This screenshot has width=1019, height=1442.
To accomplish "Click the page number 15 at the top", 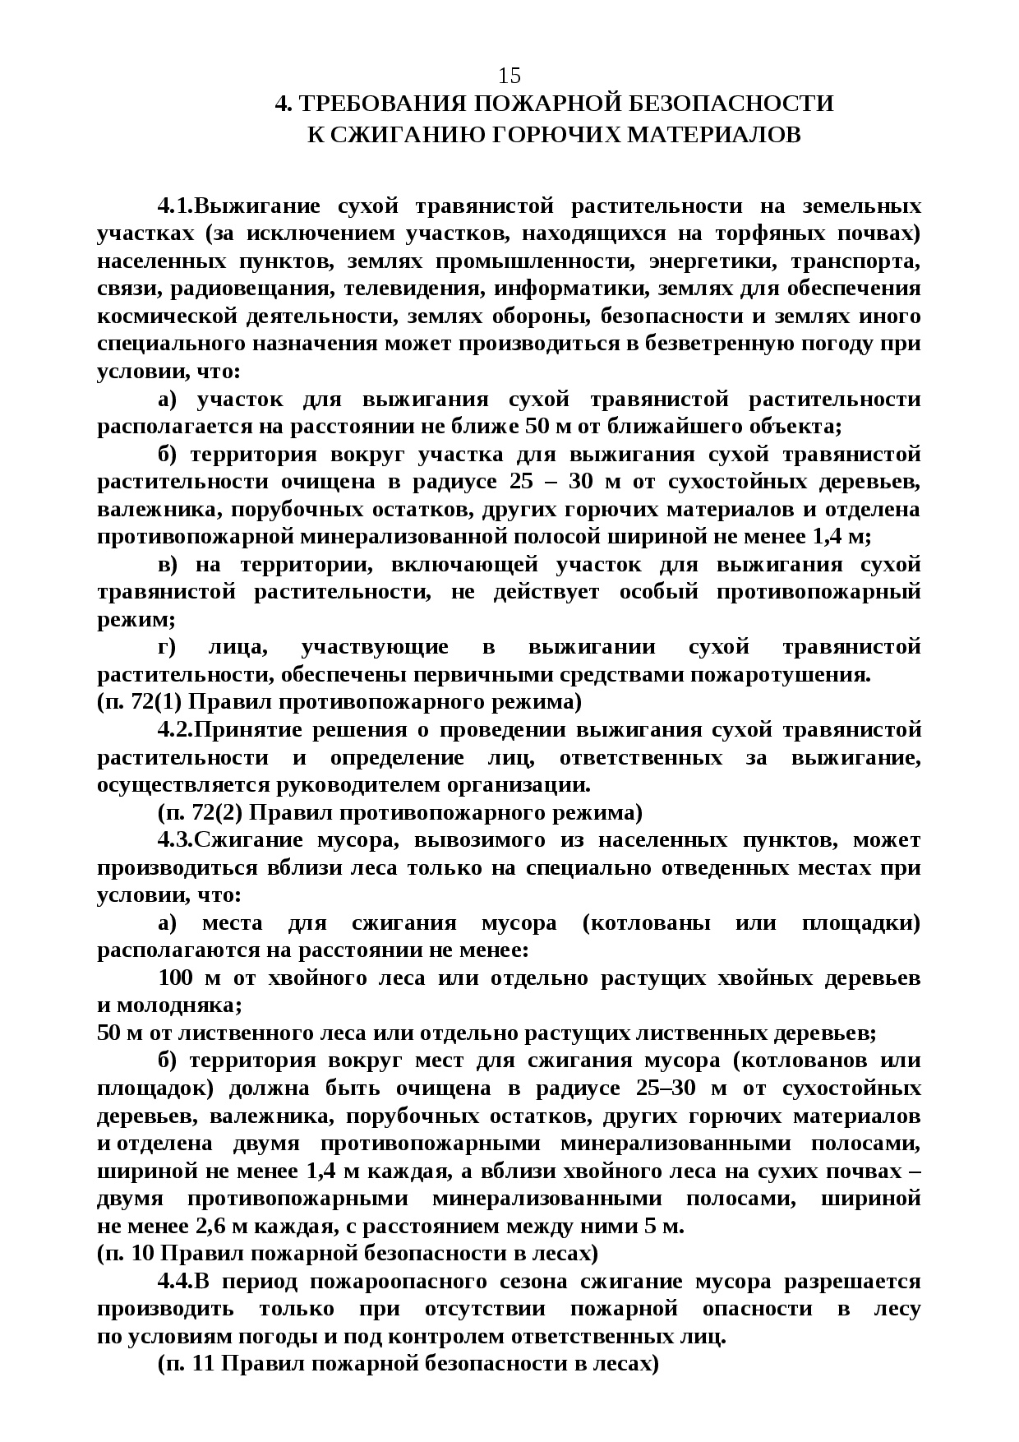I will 509,76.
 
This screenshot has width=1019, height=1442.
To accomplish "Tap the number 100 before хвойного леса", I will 176,978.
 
